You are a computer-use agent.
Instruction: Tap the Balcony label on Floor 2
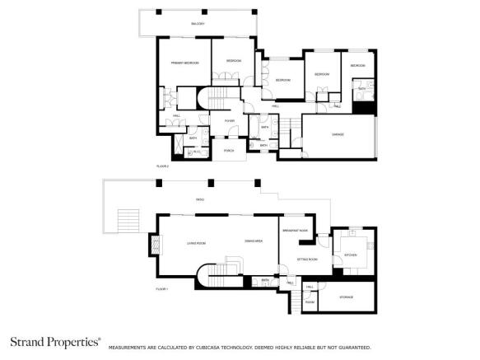coord(198,24)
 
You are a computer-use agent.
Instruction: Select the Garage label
coord(338,134)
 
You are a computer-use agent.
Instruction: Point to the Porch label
coord(229,151)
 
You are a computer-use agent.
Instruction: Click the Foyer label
coord(230,121)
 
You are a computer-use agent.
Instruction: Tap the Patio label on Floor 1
coord(199,199)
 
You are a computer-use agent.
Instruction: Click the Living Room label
coord(196,242)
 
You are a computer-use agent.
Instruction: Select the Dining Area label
coord(254,241)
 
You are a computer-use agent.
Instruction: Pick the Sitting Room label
coord(296,259)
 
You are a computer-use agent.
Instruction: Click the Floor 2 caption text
coord(162,166)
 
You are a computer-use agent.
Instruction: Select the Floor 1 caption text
coord(162,289)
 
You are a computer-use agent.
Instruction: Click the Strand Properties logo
coord(55,341)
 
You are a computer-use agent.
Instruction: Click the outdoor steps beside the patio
coord(128,221)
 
